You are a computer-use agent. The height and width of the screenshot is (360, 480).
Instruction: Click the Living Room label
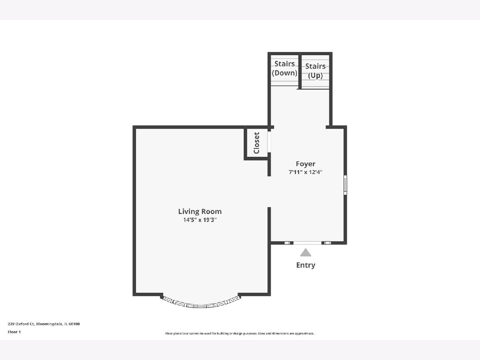pos(200,212)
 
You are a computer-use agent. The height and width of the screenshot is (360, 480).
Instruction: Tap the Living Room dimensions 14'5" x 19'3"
pos(200,220)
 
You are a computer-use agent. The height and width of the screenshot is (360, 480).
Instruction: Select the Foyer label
pos(306,164)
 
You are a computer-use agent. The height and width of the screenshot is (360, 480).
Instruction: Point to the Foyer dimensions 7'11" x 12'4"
pos(306,172)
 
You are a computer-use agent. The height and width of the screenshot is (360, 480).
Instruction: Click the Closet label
pos(256,143)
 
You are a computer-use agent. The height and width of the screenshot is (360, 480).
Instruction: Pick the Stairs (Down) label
pos(284,68)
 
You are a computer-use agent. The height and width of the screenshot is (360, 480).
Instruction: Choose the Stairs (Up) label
pos(315,71)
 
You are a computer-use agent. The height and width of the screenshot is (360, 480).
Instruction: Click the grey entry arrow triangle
pos(306,252)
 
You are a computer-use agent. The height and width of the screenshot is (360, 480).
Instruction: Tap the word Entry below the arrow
pos(306,265)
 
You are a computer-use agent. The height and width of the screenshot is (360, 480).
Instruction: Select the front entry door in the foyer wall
pos(307,243)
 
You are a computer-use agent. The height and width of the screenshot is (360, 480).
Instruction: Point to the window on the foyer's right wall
pos(345,185)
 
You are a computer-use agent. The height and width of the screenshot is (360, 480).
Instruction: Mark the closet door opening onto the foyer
pos(269,142)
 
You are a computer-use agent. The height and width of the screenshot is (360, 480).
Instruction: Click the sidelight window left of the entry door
pos(287,243)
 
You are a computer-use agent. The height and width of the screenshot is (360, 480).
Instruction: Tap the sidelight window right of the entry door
pos(327,243)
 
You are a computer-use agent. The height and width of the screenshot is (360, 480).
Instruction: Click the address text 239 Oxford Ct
pos(21,324)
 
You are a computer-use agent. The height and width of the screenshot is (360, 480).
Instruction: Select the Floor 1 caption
pos(14,332)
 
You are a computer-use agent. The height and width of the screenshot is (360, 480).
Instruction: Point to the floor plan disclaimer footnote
pos(240,333)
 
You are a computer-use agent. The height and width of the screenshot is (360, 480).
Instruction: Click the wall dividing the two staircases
pos(300,71)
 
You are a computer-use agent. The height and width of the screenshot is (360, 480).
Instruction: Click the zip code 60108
pos(74,324)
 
